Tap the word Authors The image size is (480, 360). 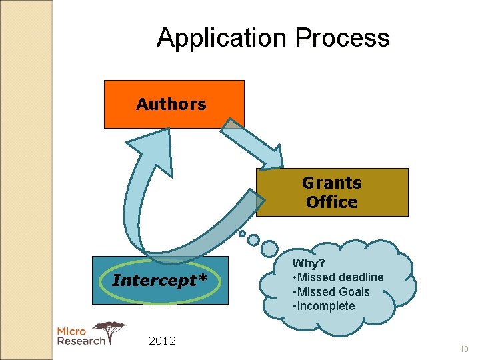(x=171, y=104)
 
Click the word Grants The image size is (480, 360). (x=332, y=183)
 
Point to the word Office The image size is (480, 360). (x=332, y=202)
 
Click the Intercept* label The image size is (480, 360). (x=160, y=280)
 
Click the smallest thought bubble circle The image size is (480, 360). (x=243, y=234)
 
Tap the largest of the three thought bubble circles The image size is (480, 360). (x=269, y=249)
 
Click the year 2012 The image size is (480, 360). (x=162, y=341)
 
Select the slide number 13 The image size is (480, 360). (x=464, y=349)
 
